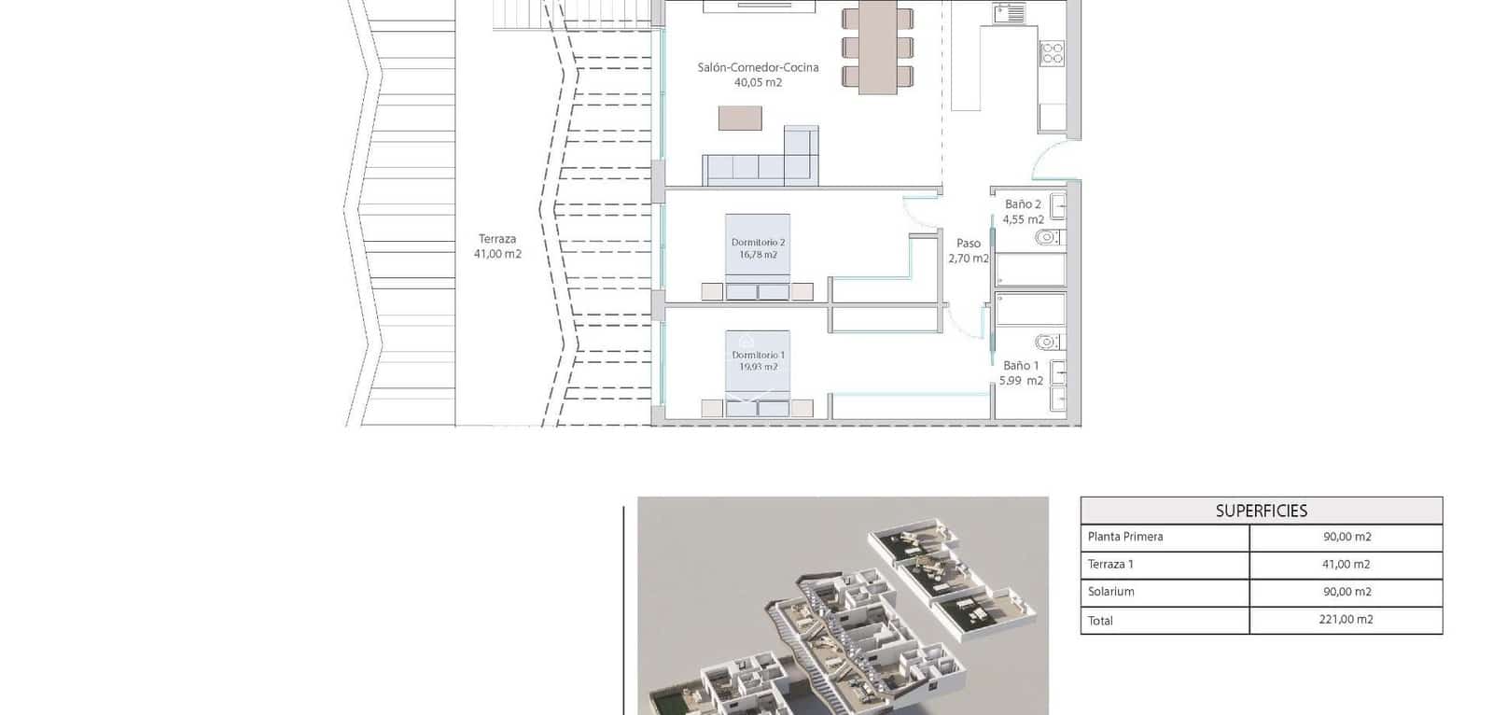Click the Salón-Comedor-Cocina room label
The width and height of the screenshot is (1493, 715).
[758, 67]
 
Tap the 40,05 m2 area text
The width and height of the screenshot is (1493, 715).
[758, 83]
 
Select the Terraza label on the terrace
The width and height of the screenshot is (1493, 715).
[497, 239]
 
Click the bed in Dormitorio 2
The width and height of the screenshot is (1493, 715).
[758, 257]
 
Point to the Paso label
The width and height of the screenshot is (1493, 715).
[969, 243]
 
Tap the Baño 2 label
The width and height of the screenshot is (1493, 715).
[1023, 203]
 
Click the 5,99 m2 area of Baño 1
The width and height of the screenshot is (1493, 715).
[1021, 381]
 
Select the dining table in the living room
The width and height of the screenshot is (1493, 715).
[877, 47]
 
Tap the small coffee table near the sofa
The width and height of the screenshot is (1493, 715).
[740, 119]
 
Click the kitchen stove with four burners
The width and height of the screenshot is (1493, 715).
[1053, 53]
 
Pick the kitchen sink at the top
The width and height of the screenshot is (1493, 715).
[1009, 13]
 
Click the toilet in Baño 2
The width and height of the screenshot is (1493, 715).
[1049, 238]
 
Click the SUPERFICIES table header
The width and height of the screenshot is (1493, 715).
[1261, 511]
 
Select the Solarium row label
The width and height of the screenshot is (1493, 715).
[1110, 592]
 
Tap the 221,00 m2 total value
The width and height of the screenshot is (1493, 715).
[1346, 620]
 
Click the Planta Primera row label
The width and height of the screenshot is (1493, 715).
[1125, 537]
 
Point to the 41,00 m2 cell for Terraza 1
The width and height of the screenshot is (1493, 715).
[1346, 565]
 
